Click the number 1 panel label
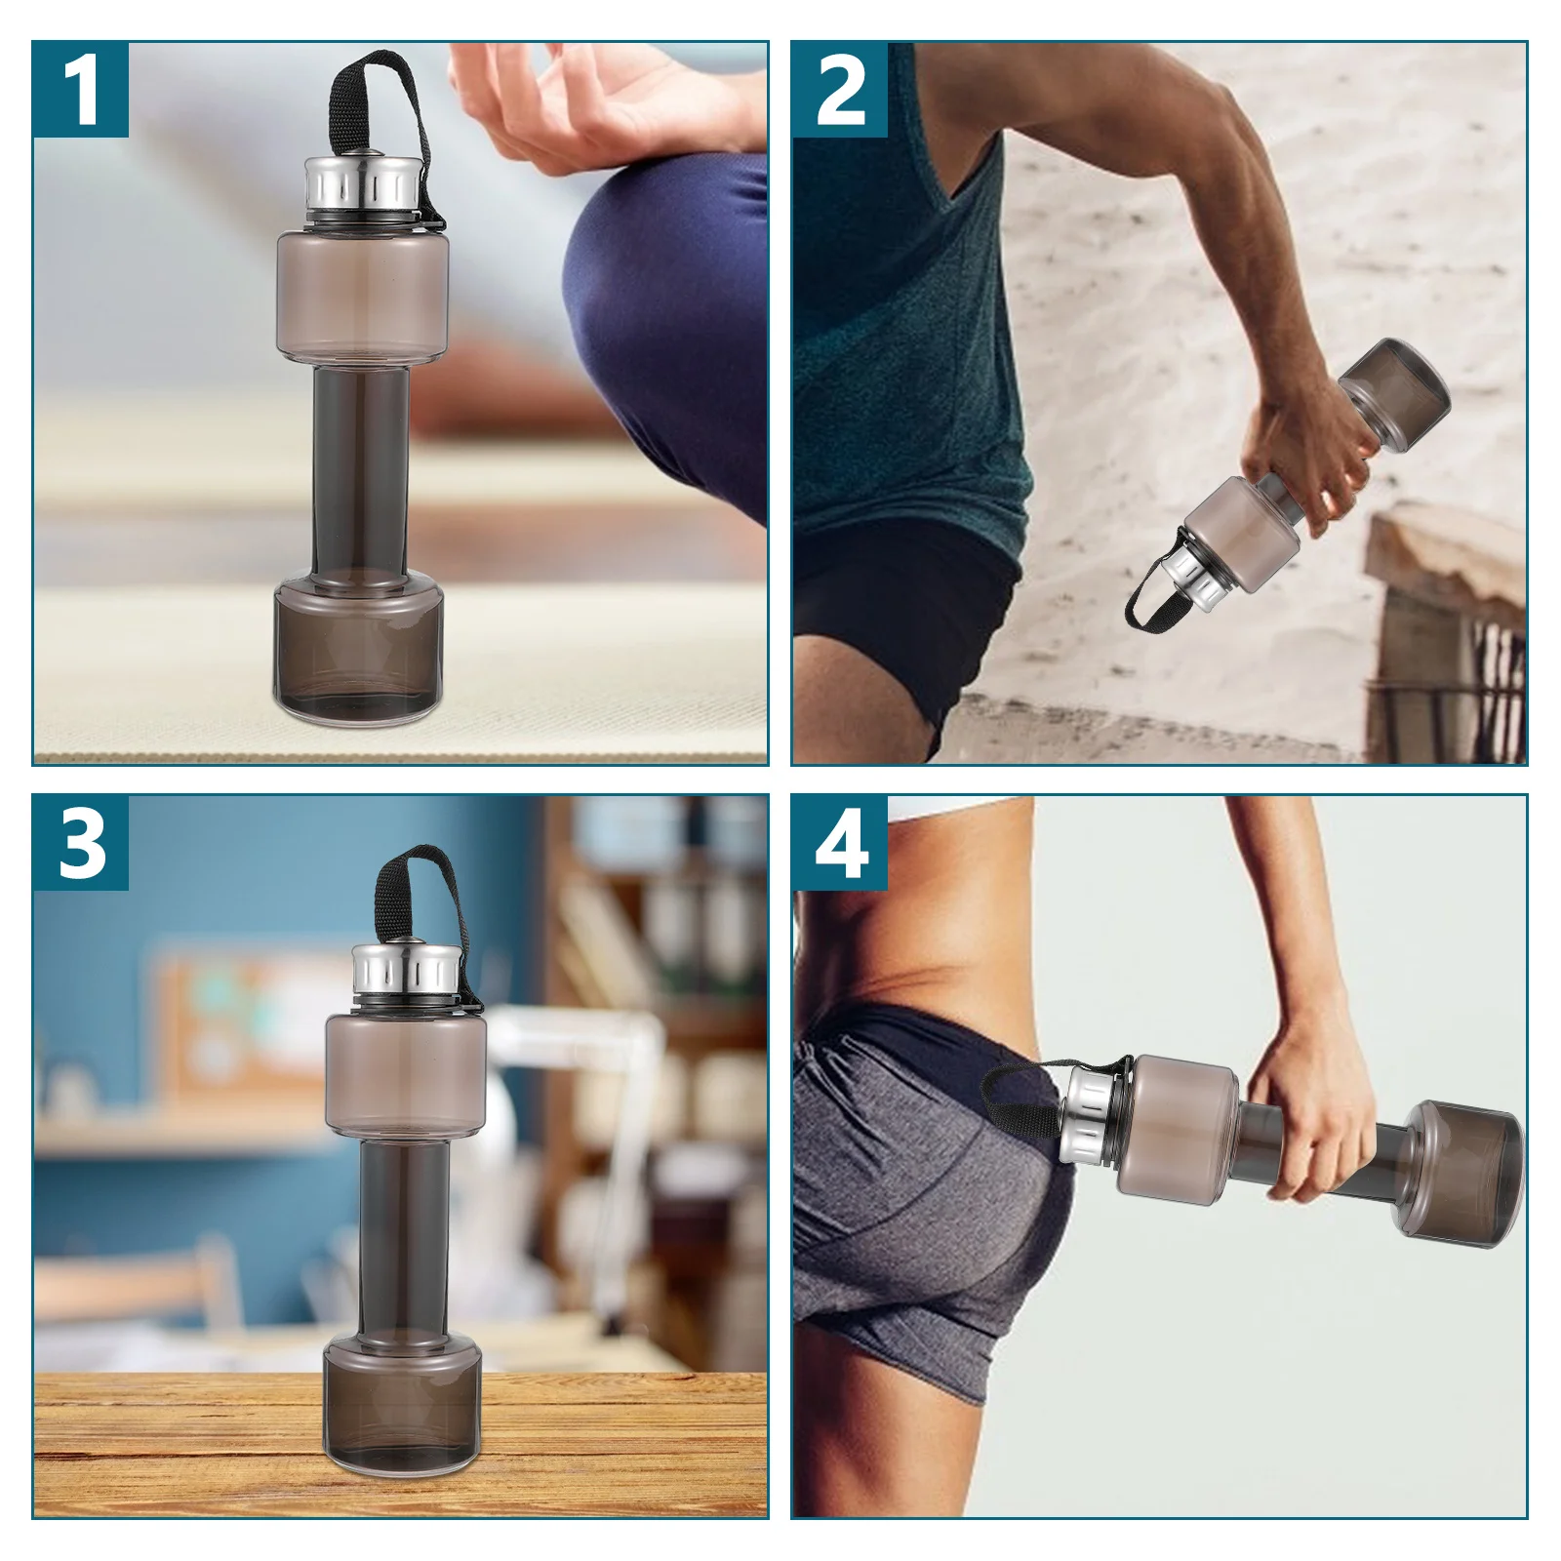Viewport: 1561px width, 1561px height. coord(81,90)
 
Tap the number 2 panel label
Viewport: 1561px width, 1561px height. coord(840,90)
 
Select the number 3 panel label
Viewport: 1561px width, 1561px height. coord(81,843)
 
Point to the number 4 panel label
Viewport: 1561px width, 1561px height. coord(840,843)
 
